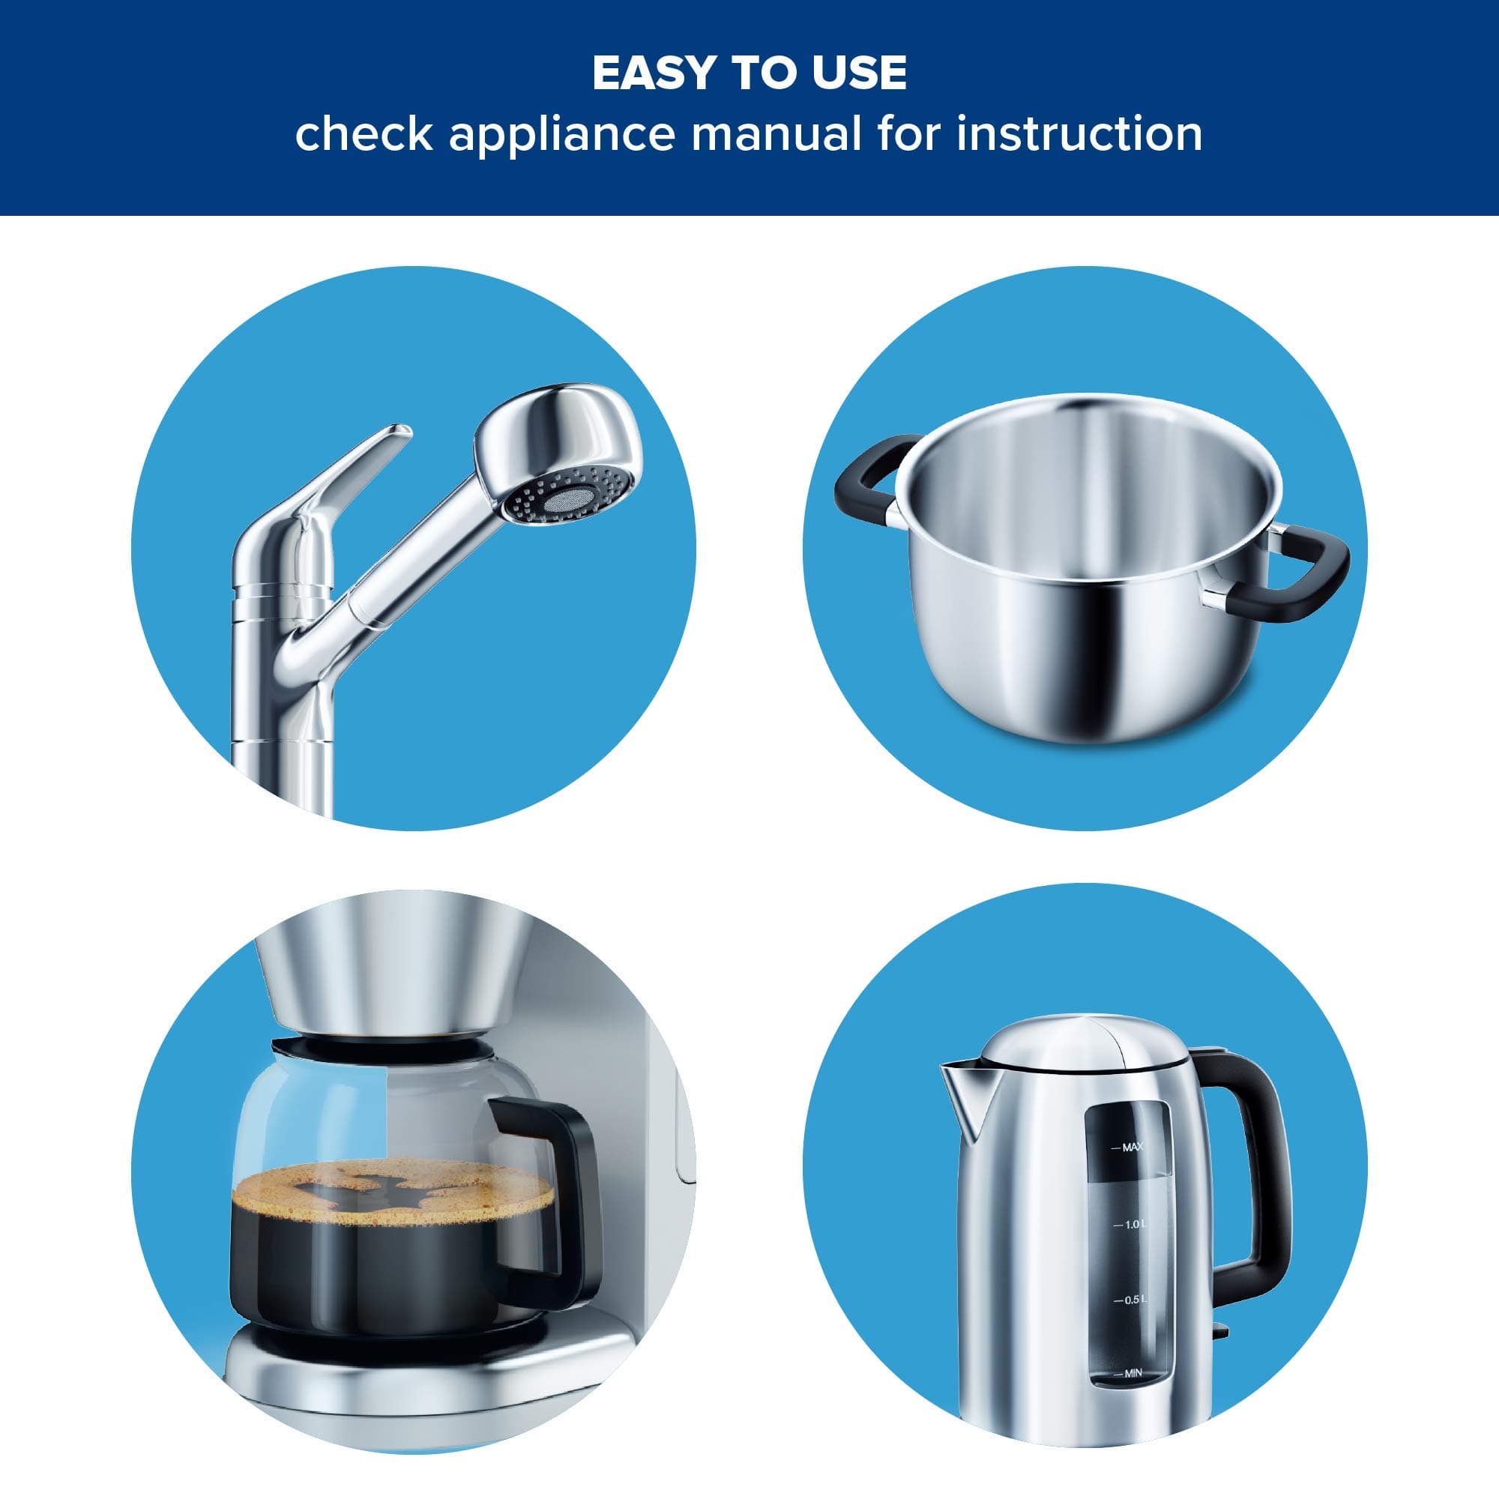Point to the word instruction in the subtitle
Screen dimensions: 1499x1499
coord(1079,133)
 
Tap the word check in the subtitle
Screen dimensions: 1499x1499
coord(364,133)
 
